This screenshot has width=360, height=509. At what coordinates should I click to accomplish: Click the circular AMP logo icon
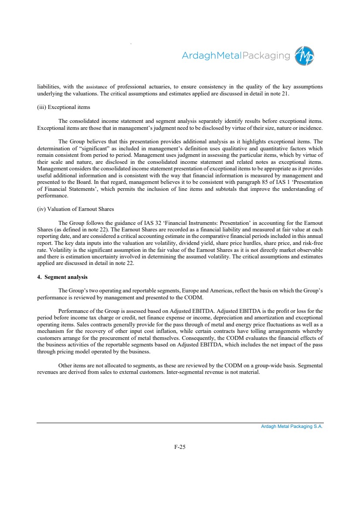click(x=305, y=56)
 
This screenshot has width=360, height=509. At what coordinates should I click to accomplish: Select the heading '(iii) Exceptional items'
click(x=63, y=107)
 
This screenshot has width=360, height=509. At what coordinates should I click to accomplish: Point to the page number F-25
click(x=180, y=447)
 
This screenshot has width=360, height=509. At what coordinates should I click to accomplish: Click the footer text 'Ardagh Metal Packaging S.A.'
click(x=292, y=427)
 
